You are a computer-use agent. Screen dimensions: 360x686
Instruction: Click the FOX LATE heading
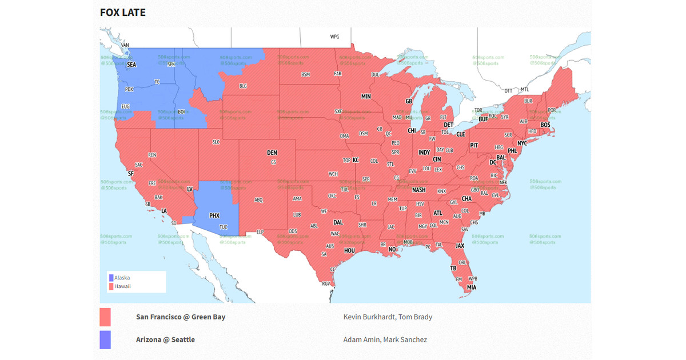point(122,12)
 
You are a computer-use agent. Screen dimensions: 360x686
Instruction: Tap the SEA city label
point(131,65)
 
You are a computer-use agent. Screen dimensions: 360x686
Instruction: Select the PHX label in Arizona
point(214,215)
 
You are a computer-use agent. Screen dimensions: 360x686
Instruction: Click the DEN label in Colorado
point(272,153)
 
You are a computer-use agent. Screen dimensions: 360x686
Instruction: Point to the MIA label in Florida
point(471,287)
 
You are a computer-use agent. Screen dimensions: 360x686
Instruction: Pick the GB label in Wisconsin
point(409,101)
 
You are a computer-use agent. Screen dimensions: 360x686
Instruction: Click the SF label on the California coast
point(131,173)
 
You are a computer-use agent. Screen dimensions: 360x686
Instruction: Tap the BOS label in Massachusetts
point(545,125)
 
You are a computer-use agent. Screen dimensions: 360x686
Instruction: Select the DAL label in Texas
point(338,222)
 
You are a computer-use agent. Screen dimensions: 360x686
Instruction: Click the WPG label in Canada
point(334,37)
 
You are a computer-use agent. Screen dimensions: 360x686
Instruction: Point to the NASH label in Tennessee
point(419,190)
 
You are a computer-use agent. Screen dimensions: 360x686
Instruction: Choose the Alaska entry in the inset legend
point(122,278)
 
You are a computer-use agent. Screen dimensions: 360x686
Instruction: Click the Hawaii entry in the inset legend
point(122,286)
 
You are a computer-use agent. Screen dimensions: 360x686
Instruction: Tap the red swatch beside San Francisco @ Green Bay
point(105,317)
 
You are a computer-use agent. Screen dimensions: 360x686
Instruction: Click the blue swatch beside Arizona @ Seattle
point(105,339)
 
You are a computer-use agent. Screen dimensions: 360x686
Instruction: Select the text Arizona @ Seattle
point(165,339)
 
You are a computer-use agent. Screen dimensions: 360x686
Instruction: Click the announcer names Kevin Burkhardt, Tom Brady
point(388,317)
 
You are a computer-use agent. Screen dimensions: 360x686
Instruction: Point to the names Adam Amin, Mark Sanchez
point(385,339)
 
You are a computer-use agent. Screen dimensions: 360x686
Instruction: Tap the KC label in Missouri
point(356,160)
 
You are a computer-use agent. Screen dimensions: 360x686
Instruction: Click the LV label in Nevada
point(190,189)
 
